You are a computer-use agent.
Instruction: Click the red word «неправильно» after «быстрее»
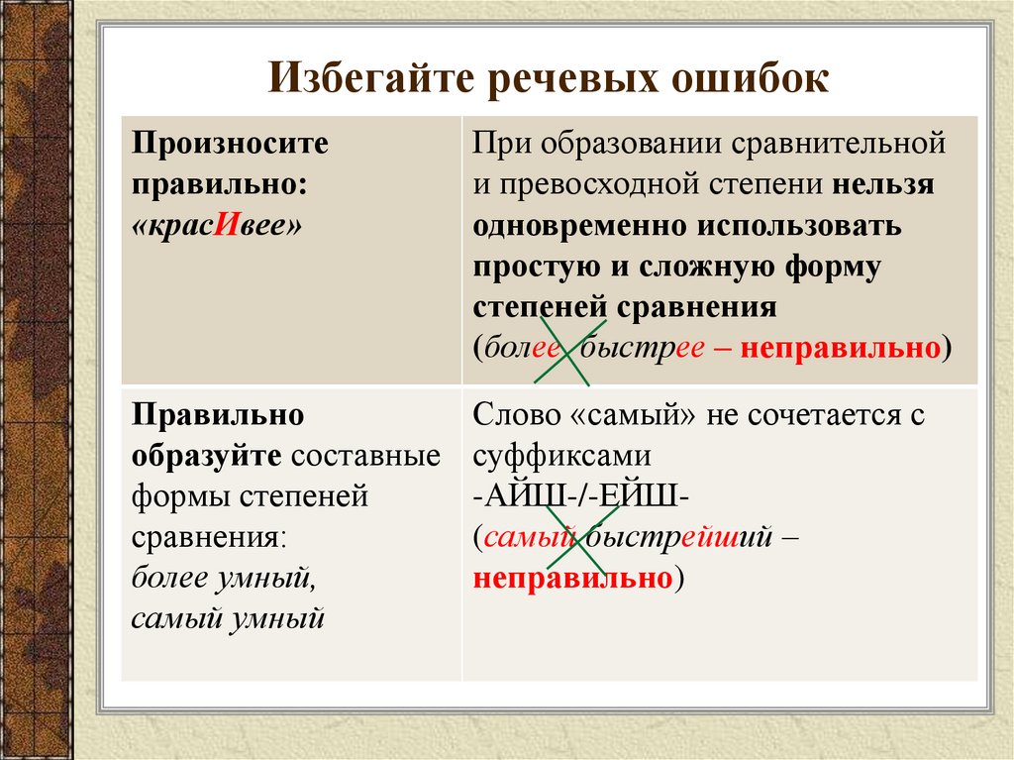(840, 349)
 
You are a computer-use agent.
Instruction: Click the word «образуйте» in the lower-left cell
(206, 456)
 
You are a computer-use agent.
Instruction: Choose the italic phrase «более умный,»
(222, 578)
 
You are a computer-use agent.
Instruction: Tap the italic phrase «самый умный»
(228, 619)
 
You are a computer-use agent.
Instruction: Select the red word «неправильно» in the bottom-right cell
(573, 579)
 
